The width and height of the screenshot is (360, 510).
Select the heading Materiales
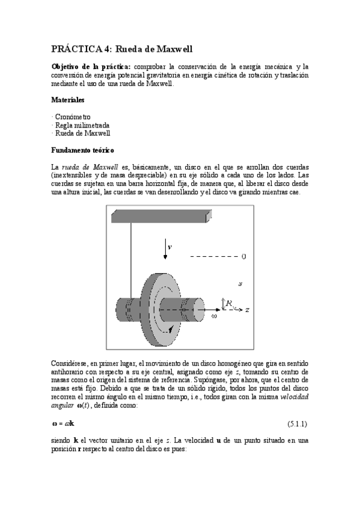pos(68,100)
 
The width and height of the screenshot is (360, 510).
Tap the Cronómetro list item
pos(72,116)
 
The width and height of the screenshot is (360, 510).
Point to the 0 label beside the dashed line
pos(243,257)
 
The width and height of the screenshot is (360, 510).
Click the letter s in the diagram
pos(240,281)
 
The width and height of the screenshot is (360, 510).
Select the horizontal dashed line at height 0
pos(213,257)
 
